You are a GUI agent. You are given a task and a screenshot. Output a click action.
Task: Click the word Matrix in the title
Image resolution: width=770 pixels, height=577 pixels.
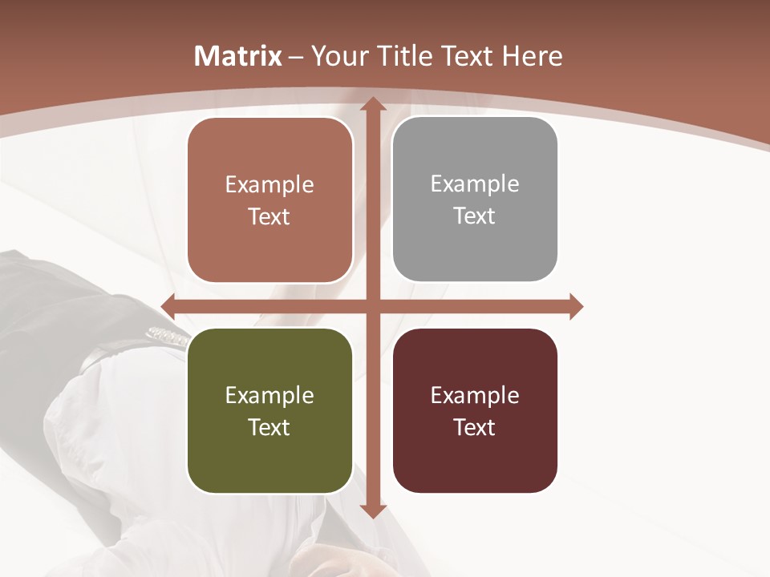click(x=238, y=56)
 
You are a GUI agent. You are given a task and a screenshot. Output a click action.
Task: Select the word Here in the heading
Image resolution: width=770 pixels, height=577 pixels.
click(x=532, y=56)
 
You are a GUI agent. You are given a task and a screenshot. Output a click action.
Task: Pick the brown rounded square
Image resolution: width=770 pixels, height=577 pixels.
click(x=269, y=200)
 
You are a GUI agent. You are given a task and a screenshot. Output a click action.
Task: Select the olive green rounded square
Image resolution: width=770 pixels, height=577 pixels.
click(x=269, y=410)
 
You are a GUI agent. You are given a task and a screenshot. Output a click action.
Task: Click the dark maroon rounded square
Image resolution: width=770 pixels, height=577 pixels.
click(x=475, y=410)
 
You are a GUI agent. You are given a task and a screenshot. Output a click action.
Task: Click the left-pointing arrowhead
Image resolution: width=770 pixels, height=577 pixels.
click(x=168, y=306)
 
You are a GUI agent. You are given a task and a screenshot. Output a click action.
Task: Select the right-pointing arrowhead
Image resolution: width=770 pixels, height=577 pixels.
click(x=575, y=306)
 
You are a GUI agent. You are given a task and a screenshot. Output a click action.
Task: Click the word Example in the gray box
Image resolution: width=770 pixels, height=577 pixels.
click(x=475, y=184)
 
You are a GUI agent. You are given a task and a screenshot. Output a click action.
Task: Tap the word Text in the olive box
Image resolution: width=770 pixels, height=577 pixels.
click(x=269, y=427)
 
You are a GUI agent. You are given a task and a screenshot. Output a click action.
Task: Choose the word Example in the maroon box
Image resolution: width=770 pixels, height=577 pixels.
click(x=475, y=395)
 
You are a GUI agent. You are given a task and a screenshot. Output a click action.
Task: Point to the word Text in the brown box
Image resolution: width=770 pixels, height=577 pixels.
click(x=269, y=216)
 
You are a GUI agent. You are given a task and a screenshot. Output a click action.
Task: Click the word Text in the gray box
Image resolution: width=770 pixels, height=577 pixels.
click(x=474, y=216)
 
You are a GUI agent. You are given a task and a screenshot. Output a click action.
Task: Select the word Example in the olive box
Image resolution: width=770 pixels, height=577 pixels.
click(x=269, y=395)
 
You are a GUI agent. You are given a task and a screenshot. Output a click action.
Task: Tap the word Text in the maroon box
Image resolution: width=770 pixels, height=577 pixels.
click(x=474, y=427)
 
